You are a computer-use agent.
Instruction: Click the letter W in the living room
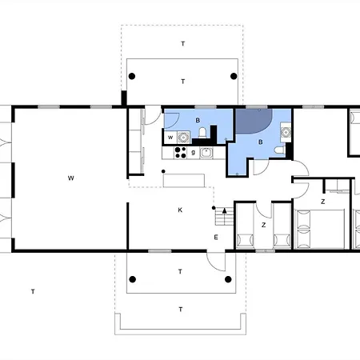coord(70,178)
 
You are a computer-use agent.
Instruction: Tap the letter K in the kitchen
coord(180,210)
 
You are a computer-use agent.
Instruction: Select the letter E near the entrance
coord(216,237)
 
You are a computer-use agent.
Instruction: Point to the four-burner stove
coord(181,153)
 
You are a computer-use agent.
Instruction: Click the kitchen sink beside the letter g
coord(206,153)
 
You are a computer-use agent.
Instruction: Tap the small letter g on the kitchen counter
coord(194,152)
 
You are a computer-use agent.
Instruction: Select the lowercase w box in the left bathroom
coord(170,138)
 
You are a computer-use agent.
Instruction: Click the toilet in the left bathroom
coord(202,133)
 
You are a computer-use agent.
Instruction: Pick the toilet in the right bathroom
coord(280,150)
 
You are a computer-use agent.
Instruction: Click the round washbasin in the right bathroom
coord(286,132)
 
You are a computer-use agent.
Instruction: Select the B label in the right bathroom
coord(261,142)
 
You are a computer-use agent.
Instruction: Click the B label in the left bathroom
coord(198,120)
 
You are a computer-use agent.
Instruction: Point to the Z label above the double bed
coord(322,202)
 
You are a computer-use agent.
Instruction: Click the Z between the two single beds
coord(263,225)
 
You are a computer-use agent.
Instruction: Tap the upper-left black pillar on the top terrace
coord(132,76)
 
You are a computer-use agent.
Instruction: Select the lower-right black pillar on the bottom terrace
coord(228,279)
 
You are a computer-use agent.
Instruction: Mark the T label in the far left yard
coord(33,291)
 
